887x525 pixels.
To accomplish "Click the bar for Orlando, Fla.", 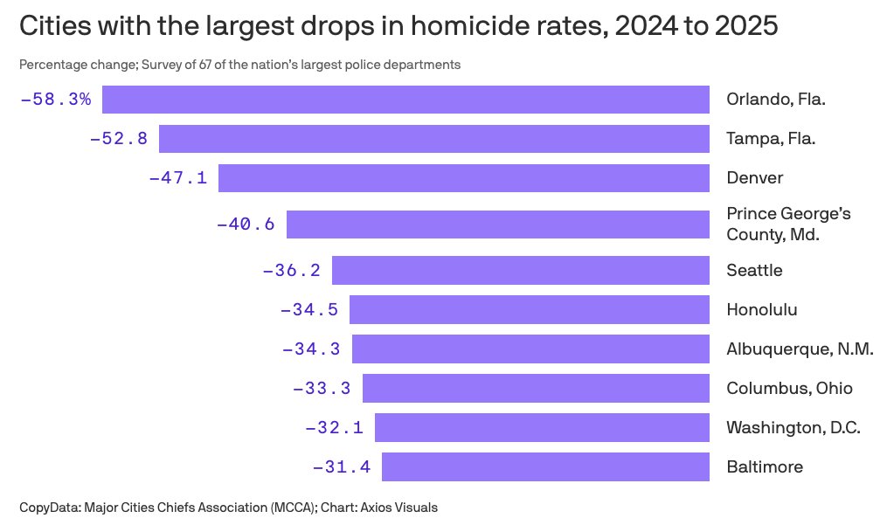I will coord(405,100).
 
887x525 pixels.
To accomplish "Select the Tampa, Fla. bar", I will coord(433,139).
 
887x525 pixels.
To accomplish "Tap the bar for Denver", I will coord(463,178).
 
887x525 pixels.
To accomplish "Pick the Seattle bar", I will coord(520,270).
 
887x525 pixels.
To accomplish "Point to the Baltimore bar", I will coord(545,467).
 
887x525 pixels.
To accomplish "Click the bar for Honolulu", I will coord(529,309).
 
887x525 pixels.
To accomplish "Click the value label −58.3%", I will coord(55,100).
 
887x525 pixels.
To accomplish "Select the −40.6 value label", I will coord(246,225).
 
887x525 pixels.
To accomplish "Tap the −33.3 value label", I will coord(322,389).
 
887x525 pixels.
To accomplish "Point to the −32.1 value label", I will coord(334,428).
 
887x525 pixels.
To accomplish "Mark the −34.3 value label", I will coord(311,349).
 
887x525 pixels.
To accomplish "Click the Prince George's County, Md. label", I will coord(788,225).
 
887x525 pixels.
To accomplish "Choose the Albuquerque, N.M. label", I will coord(800,349).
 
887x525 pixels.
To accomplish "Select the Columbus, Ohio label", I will coord(789,389).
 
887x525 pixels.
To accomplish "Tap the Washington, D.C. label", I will coord(793,428).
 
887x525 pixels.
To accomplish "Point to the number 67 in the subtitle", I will coord(190,66).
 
